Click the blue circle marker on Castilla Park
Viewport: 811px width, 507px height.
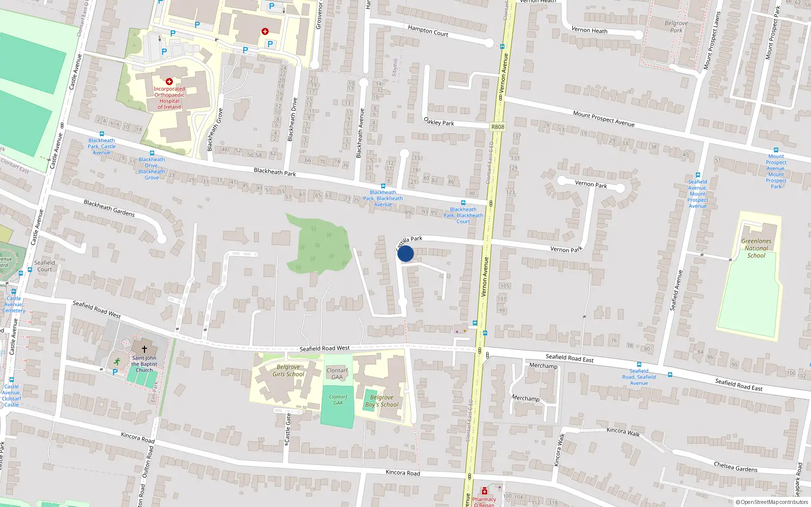pyautogui.click(x=405, y=253)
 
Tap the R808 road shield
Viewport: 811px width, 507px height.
pyautogui.click(x=498, y=127)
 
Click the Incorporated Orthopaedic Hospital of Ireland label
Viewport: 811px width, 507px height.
pyautogui.click(x=169, y=98)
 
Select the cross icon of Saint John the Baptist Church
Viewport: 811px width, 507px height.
pyautogui.click(x=144, y=349)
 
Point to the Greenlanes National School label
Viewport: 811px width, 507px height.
pyautogui.click(x=756, y=248)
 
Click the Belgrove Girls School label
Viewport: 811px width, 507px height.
pyautogui.click(x=288, y=371)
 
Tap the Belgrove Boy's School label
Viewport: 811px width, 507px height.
pyautogui.click(x=382, y=401)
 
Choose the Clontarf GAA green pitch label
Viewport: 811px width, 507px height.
pyautogui.click(x=338, y=400)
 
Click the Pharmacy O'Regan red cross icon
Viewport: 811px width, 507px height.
pyautogui.click(x=485, y=491)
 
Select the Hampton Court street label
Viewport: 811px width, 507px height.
pyautogui.click(x=428, y=31)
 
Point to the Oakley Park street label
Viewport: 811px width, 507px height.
pyautogui.click(x=439, y=122)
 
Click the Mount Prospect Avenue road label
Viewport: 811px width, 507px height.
pyautogui.click(x=604, y=119)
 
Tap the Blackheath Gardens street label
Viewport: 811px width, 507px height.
pyautogui.click(x=109, y=208)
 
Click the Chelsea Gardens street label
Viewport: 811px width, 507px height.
pyautogui.click(x=735, y=467)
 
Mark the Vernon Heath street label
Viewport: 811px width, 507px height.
pyautogui.click(x=589, y=30)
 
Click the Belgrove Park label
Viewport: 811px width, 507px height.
pyautogui.click(x=676, y=26)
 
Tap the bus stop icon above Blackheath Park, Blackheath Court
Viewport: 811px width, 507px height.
pyautogui.click(x=463, y=203)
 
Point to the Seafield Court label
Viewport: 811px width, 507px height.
pyautogui.click(x=45, y=266)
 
